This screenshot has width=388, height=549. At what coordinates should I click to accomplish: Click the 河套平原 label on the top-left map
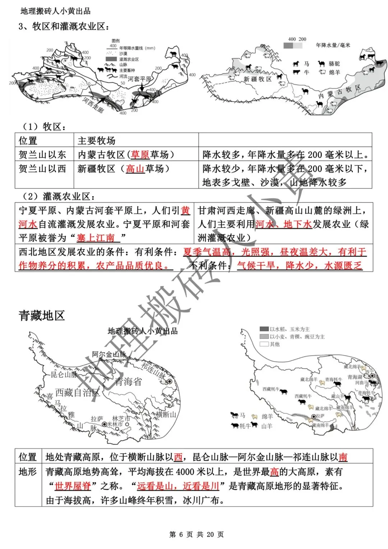pos(140,79)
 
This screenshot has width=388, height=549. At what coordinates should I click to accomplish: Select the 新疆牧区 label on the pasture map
pos(258,79)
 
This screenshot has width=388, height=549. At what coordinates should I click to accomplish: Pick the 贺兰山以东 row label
pos(42,154)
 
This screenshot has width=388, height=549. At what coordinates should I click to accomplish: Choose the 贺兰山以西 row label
pos(42,169)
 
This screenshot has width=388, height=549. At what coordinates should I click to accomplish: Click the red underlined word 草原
pos(140,154)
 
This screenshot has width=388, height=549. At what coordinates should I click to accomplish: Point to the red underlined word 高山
pos(135,169)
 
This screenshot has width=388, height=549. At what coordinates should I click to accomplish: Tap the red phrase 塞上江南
pos(96,237)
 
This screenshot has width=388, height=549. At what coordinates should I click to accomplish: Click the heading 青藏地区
pos(42,315)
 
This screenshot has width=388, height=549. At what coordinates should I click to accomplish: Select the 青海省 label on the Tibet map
pos(128,382)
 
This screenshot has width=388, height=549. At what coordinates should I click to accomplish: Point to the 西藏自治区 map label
pos(77,393)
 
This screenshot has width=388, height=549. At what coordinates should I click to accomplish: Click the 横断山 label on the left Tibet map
pos(166,415)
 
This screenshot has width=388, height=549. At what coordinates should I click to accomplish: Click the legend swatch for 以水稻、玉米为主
pos(264,329)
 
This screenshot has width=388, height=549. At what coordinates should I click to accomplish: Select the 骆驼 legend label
pos(334,64)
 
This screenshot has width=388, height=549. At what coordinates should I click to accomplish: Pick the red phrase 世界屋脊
pos(73,486)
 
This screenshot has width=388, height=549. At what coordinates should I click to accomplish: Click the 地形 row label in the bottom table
pos(28,471)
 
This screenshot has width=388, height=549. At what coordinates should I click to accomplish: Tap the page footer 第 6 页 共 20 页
pos(197,535)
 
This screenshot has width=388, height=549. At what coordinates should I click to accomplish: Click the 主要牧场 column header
pos(96,140)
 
